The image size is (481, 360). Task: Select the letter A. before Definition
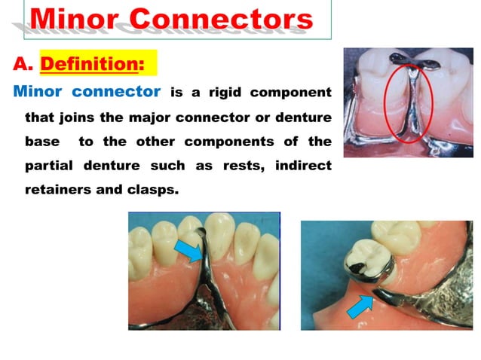click(x=22, y=64)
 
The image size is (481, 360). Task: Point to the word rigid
click(x=218, y=92)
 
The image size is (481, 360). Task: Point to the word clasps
click(x=157, y=190)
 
